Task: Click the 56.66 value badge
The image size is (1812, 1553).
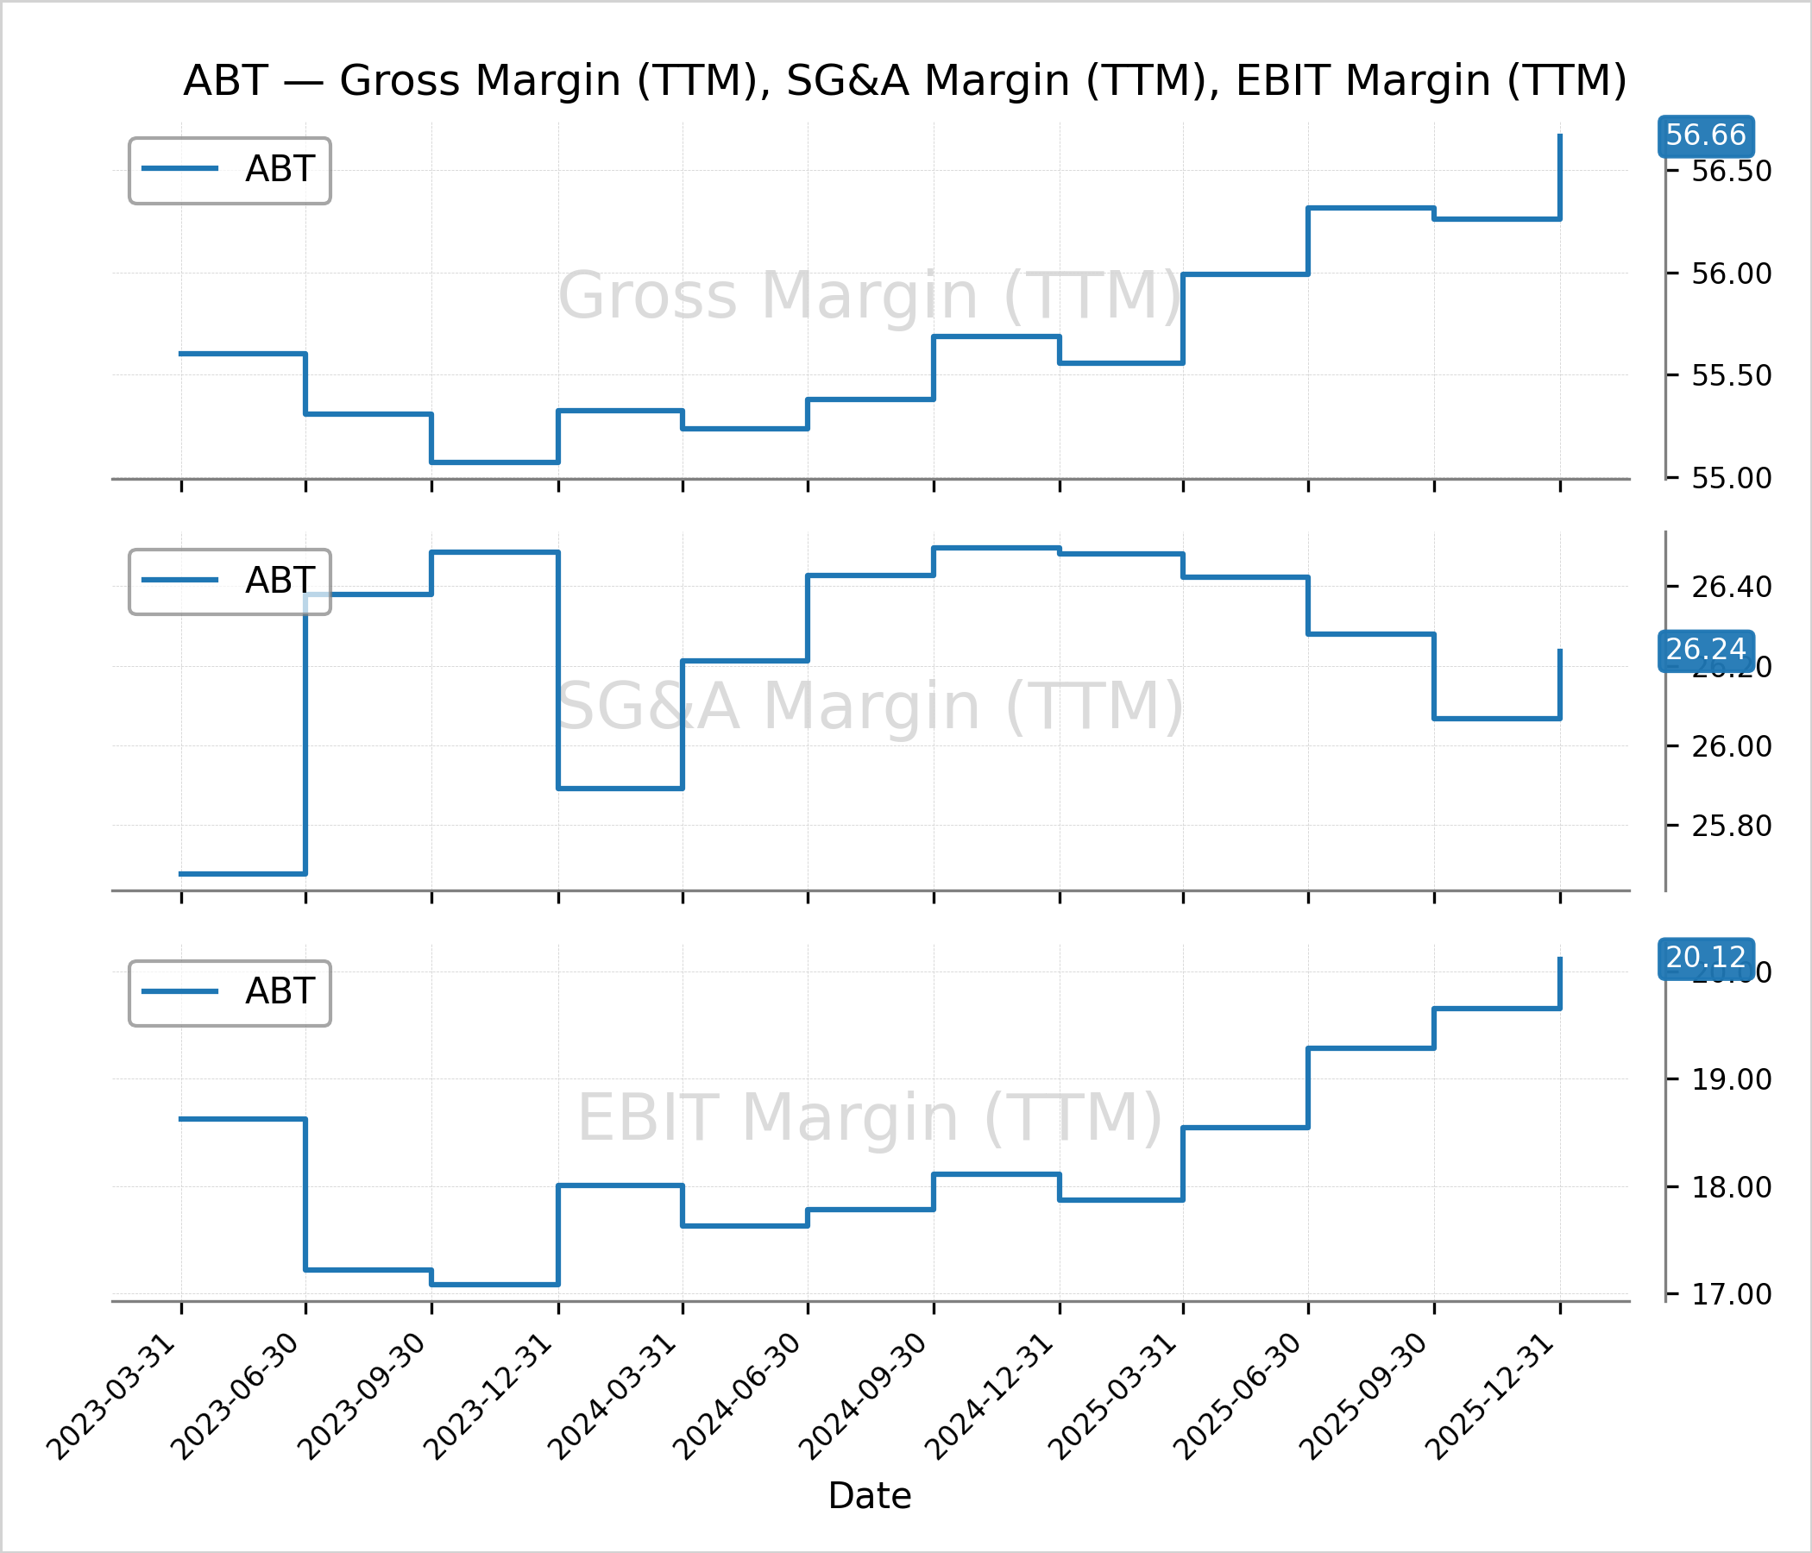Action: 1705,135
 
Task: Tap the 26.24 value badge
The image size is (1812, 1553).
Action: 1705,650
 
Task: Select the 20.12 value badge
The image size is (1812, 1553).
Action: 1705,959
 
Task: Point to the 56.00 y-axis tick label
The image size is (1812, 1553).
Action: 1731,274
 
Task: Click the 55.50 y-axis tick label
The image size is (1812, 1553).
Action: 1731,376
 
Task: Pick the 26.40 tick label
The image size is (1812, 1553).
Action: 1731,587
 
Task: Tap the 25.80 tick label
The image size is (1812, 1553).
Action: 1731,827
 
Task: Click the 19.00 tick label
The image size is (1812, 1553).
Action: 1731,1080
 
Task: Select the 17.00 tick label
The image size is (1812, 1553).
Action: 1731,1295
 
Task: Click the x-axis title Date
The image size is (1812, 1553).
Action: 869,1496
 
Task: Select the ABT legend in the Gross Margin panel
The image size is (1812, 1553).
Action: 230,171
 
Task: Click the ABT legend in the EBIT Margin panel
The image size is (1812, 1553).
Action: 230,993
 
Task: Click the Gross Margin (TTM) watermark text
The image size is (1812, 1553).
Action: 869,297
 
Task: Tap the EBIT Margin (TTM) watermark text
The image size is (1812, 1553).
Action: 869,1118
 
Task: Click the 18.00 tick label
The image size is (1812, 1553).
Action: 1731,1187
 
